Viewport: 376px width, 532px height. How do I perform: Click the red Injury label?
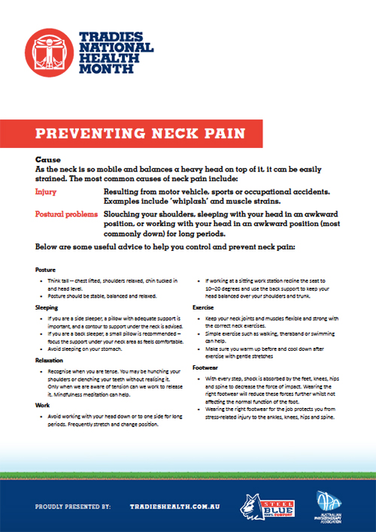point(46,192)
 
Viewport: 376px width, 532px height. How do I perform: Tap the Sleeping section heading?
point(47,307)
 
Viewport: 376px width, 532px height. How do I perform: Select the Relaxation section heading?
point(50,360)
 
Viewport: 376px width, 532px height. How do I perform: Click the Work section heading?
point(42,404)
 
